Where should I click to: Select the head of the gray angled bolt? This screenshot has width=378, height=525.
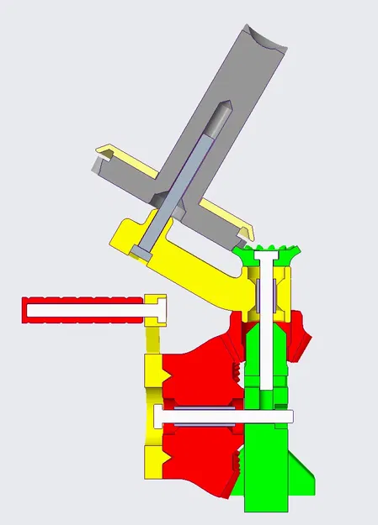145,249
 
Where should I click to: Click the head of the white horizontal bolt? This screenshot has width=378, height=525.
160,416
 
